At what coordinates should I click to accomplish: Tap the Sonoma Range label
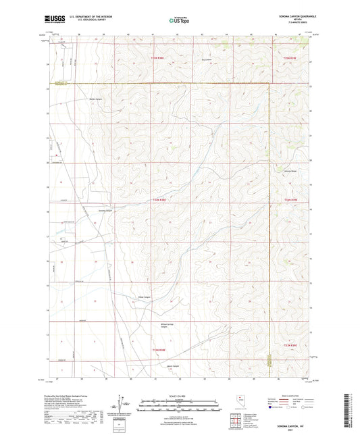coord(290,171)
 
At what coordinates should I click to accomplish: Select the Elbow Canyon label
coord(145,295)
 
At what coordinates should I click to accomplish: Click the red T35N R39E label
coord(290,58)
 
